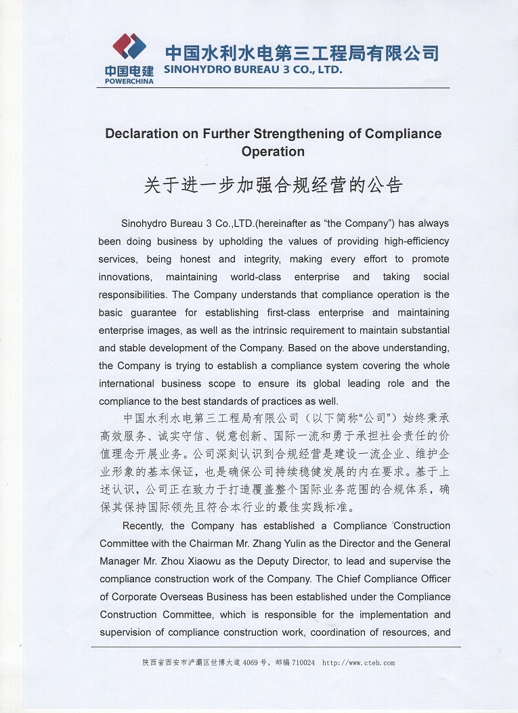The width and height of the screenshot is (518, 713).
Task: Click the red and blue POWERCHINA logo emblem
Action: click(129, 47)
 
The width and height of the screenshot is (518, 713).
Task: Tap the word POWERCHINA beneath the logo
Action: click(129, 81)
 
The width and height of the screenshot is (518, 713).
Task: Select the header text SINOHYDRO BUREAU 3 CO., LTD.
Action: click(254, 69)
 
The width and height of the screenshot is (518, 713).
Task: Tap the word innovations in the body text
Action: click(125, 277)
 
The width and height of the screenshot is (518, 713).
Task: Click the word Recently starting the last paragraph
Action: click(144, 525)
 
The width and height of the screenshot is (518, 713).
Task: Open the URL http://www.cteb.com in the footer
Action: click(359, 663)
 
